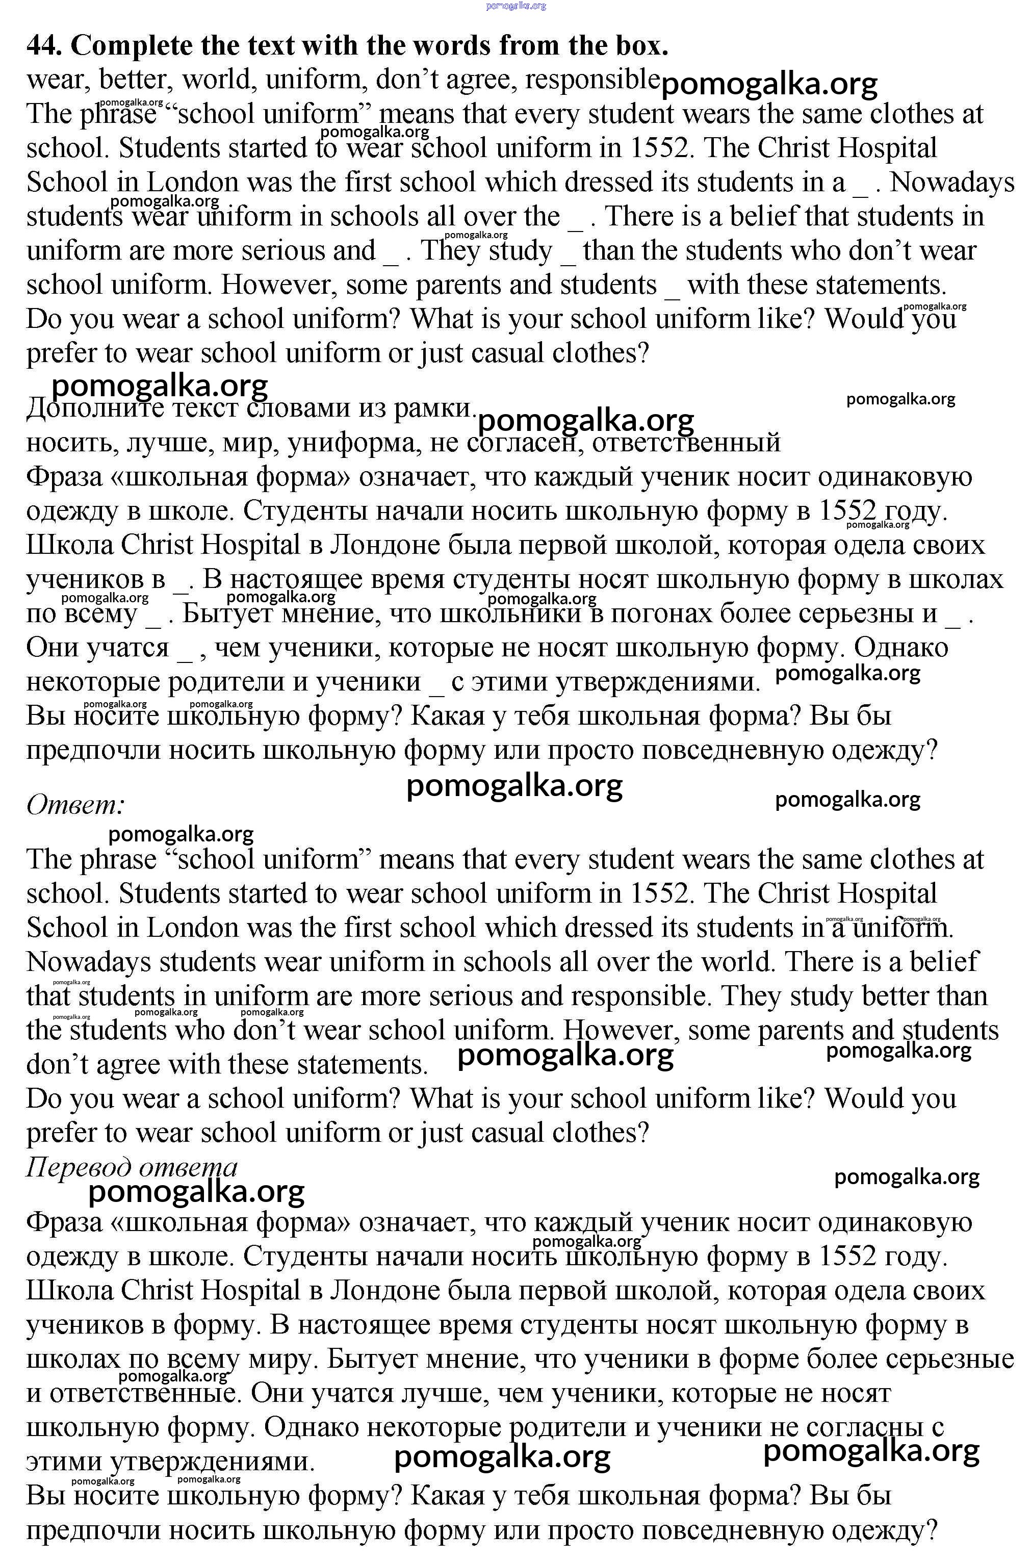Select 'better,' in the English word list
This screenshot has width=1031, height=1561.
(x=137, y=80)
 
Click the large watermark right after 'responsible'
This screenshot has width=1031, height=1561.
(x=769, y=85)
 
